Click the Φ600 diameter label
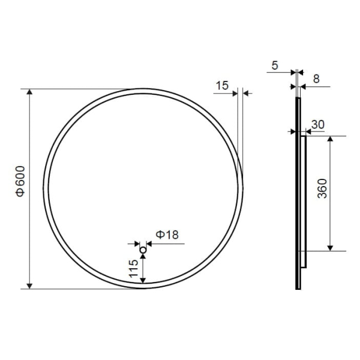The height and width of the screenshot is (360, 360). point(20,182)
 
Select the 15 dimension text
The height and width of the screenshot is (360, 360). point(222,85)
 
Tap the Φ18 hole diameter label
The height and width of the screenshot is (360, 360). point(167,235)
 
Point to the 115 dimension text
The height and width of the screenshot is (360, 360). point(133,268)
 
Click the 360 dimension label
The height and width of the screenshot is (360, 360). point(322,188)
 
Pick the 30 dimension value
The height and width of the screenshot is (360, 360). point(318,125)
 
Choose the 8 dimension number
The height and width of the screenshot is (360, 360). point(316,79)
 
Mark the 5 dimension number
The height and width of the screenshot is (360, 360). point(275,65)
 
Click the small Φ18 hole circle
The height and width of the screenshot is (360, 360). point(143,250)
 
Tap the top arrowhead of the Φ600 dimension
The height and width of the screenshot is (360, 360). point(29,92)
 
